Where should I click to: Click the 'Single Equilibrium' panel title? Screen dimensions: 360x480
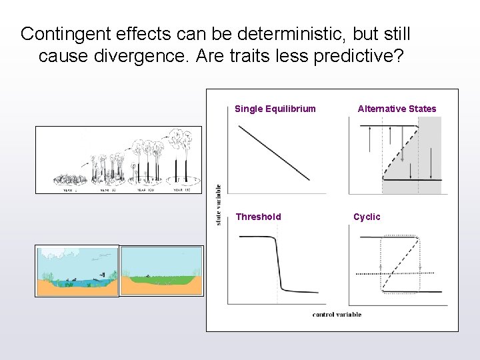[275, 109]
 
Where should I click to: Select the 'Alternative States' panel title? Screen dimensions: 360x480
[397, 109]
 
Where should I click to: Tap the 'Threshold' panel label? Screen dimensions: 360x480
[258, 217]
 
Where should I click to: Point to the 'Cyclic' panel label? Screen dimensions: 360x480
[367, 217]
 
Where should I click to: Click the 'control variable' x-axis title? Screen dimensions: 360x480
[337, 314]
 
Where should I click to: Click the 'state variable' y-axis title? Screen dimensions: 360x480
[219, 204]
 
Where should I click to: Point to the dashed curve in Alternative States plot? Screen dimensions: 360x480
[400, 150]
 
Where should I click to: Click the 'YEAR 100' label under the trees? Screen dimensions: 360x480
[145, 190]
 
